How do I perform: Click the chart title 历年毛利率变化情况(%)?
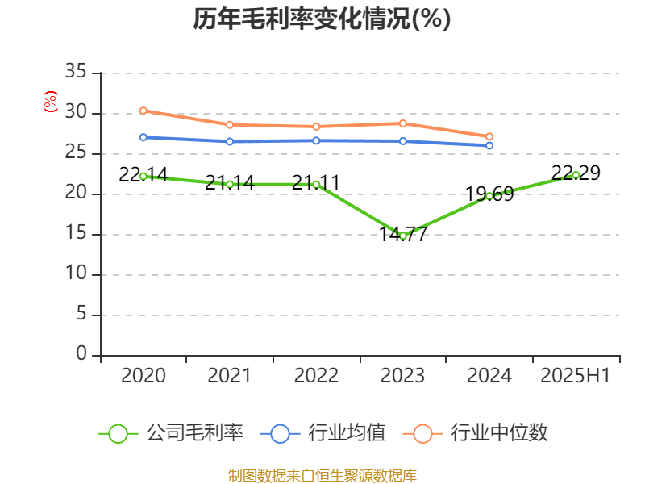pyautogui.click(x=322, y=19)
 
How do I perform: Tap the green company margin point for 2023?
pyautogui.click(x=402, y=236)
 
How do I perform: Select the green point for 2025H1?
pyautogui.click(x=576, y=175)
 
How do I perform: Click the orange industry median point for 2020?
pyautogui.click(x=143, y=111)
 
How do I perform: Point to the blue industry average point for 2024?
pyautogui.click(x=489, y=146)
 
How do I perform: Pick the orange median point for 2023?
pyautogui.click(x=402, y=123)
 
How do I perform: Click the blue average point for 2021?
pyautogui.click(x=230, y=141)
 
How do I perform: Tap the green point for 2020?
pyautogui.click(x=143, y=176)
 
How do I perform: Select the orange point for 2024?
pyautogui.click(x=489, y=137)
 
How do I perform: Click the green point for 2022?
pyautogui.click(x=316, y=184)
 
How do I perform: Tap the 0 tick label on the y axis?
pyautogui.click(x=81, y=355)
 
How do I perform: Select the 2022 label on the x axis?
pyautogui.click(x=316, y=376)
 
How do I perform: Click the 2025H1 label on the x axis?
pyautogui.click(x=576, y=376)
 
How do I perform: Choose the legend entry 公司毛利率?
pyautogui.click(x=172, y=433)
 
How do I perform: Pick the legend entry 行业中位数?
pyautogui.click(x=481, y=433)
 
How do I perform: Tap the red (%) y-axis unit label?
pyautogui.click(x=51, y=102)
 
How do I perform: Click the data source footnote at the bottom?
pyautogui.click(x=322, y=475)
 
